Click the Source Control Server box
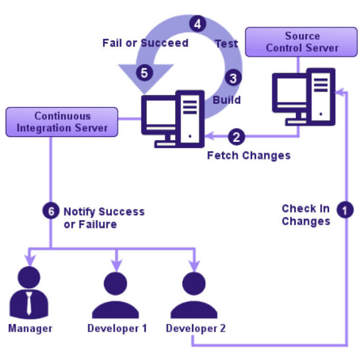click(302, 42)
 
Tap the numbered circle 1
click(345, 210)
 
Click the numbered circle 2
click(236, 137)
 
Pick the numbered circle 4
click(197, 24)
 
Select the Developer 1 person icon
click(116, 294)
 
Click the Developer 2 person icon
click(194, 294)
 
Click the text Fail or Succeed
click(145, 43)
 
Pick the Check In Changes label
click(306, 215)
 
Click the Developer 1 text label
click(117, 328)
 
